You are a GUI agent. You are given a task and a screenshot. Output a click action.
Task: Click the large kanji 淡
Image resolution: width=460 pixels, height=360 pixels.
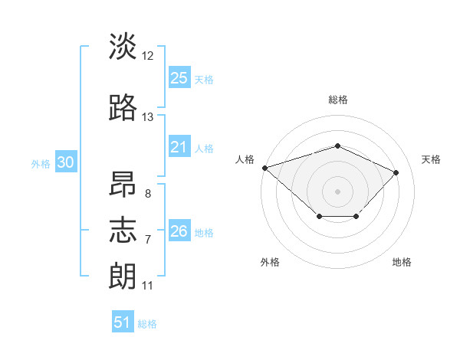click(123, 46)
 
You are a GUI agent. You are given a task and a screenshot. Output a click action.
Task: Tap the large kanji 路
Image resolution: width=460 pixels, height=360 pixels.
click(123, 107)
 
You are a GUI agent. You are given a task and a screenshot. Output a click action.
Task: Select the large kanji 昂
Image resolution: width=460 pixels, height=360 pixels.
click(123, 184)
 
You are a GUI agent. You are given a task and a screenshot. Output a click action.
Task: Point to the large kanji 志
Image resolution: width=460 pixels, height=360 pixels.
click(123, 230)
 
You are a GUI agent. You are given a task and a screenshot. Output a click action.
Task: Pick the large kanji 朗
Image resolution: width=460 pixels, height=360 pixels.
click(123, 276)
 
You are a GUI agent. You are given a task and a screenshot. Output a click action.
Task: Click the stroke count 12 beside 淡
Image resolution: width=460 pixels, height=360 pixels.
click(147, 56)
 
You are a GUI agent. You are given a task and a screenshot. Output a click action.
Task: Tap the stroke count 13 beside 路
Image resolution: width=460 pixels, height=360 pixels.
click(147, 117)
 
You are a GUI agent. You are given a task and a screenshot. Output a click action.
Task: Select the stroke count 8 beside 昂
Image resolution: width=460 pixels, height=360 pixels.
click(148, 194)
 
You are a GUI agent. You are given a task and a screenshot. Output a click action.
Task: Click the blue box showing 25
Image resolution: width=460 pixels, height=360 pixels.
click(179, 77)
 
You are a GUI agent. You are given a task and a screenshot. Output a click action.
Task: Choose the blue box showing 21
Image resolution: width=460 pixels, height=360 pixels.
click(179, 146)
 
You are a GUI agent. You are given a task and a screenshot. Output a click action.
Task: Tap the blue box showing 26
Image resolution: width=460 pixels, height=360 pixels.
click(179, 230)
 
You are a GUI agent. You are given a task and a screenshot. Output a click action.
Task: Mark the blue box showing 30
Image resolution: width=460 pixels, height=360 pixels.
click(66, 162)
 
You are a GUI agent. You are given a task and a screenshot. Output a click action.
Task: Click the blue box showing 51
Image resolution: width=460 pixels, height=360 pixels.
click(123, 321)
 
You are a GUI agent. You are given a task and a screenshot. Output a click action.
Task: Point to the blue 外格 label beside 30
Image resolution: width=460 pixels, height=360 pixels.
click(41, 164)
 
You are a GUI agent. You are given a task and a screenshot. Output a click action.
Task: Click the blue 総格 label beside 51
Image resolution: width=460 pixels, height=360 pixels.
click(147, 324)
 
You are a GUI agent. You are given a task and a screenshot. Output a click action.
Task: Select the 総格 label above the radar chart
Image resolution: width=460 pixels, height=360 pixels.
click(338, 100)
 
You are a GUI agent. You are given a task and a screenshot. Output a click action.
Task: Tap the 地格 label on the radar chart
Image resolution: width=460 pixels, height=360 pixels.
click(402, 262)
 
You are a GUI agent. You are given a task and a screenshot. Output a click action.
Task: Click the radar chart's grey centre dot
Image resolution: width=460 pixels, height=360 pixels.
click(337, 191)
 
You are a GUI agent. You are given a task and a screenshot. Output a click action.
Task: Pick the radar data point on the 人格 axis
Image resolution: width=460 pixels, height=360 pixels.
click(265, 168)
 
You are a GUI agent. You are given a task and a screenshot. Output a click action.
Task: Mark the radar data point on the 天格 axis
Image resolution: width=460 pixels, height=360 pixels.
click(396, 172)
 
